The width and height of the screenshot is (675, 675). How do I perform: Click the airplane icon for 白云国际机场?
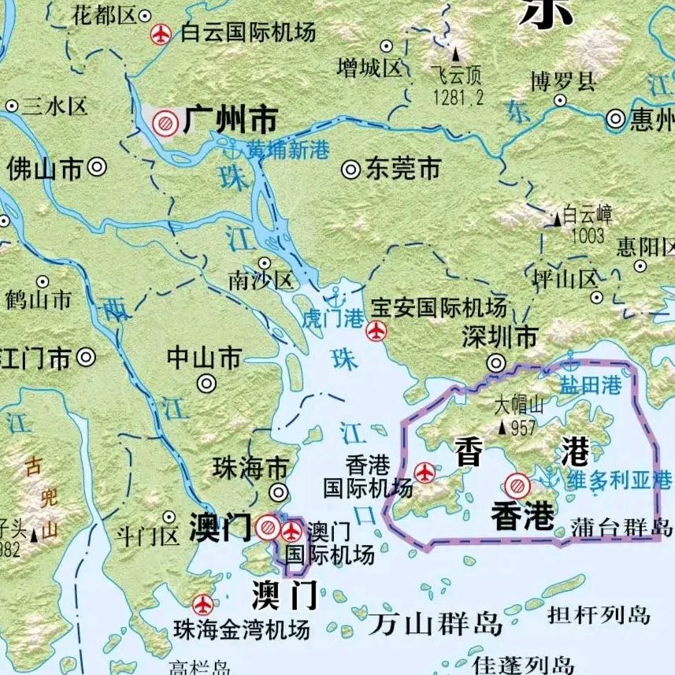point(161,34)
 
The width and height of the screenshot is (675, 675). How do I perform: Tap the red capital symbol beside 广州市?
point(165,122)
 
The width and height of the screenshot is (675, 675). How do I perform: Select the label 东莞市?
point(402,169)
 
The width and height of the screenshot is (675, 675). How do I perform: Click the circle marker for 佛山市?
point(98,167)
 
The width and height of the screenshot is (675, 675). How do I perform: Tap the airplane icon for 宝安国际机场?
point(377,332)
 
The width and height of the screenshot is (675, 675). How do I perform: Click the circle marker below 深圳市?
point(496,363)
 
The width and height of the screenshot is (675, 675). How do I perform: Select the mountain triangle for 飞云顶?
point(455,56)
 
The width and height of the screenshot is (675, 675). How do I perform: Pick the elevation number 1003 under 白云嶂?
point(588,236)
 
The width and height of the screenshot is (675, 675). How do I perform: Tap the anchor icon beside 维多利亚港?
point(549,476)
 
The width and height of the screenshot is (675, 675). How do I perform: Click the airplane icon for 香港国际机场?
point(425,473)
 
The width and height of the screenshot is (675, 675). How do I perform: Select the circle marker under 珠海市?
point(278,492)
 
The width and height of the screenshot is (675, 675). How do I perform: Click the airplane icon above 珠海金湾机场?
point(203,605)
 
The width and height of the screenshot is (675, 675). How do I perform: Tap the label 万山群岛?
point(435,625)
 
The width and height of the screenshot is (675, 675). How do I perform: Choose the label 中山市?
point(204,358)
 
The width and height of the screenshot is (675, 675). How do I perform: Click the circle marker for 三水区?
point(12,106)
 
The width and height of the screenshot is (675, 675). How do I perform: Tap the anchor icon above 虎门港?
point(336,298)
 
